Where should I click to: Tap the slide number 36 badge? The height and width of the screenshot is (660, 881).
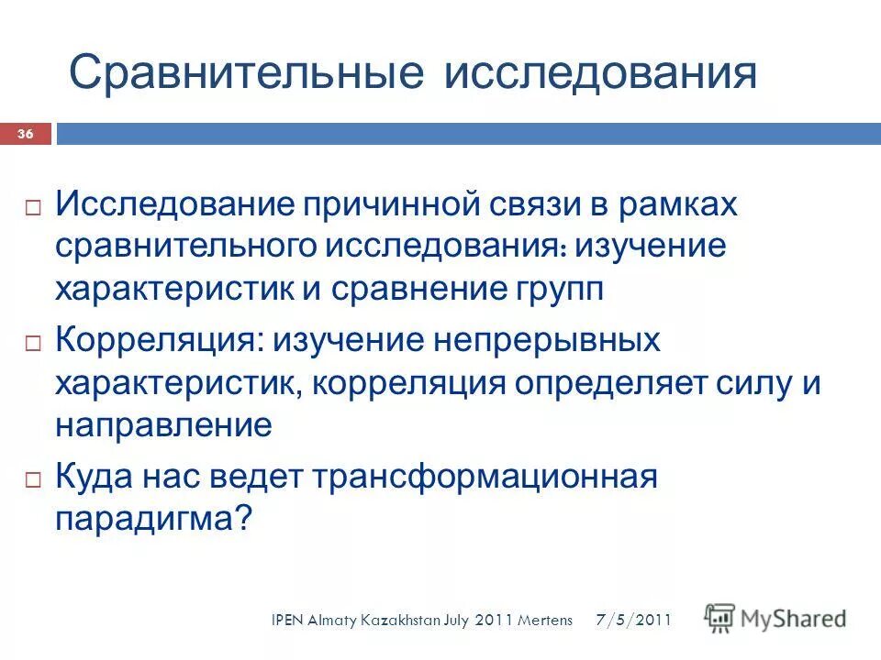[x=26, y=135]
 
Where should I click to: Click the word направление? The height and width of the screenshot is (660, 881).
[x=163, y=425]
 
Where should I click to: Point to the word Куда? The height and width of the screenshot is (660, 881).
[x=95, y=478]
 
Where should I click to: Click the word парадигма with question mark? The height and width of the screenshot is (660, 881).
[x=153, y=520]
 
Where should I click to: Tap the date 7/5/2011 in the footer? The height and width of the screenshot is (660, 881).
[x=634, y=621]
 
